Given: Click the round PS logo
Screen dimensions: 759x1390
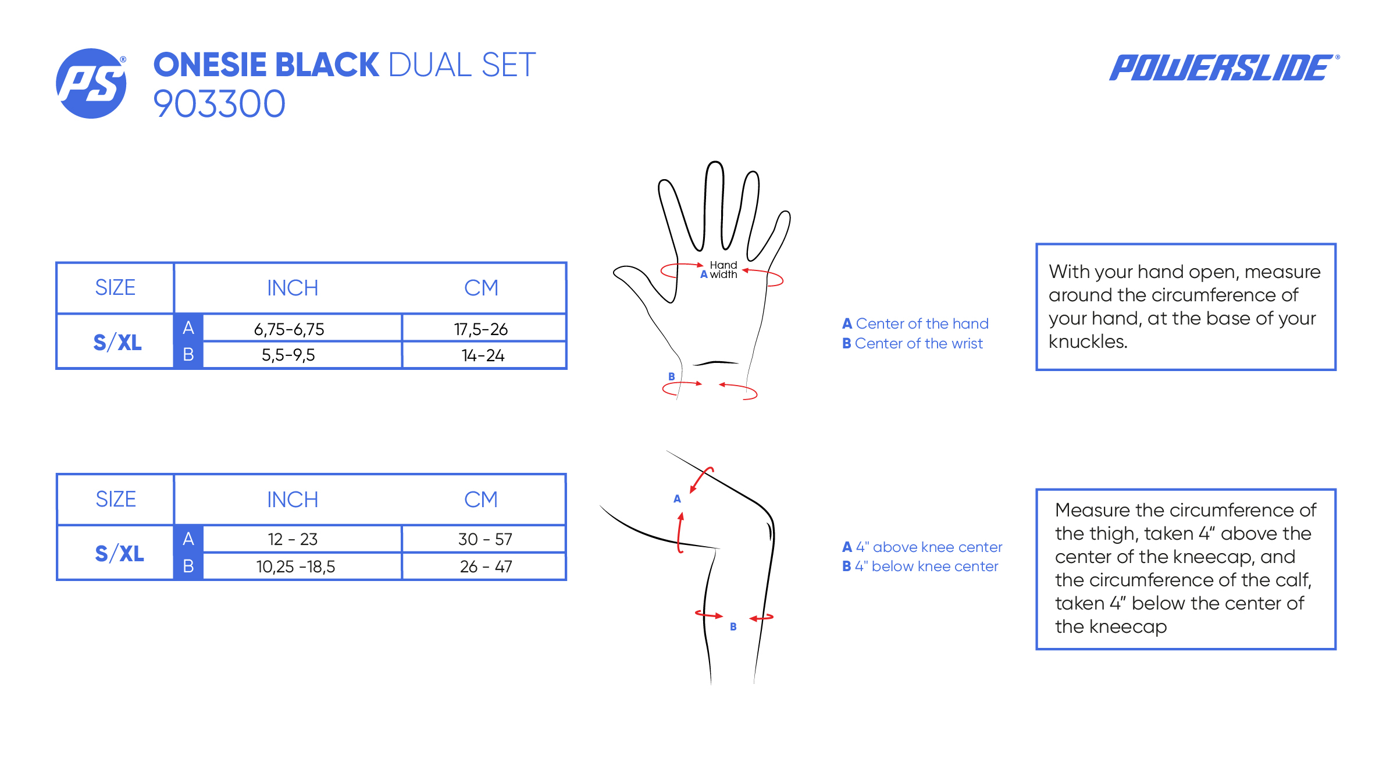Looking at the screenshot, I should (91, 84).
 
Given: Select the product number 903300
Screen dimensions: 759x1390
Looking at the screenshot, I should (219, 104).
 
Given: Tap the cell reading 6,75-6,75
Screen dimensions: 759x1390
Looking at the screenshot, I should (289, 329).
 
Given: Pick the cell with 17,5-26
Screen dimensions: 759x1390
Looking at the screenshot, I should (481, 329).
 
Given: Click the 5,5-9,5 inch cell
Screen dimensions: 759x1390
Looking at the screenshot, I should (288, 355).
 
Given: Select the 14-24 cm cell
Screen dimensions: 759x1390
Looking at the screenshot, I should (483, 355).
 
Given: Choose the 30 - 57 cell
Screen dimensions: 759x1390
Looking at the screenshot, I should (485, 539).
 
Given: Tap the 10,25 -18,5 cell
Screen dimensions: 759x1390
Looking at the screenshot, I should (295, 566).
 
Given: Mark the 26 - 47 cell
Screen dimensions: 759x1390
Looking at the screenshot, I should (486, 566).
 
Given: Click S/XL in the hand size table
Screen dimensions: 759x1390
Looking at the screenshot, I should (117, 342).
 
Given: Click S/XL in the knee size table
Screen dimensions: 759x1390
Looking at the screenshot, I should (119, 553).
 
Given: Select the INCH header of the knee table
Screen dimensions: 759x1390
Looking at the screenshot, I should (293, 500).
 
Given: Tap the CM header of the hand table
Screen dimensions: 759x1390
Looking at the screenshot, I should (481, 288).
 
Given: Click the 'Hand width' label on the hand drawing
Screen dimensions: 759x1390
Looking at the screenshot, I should (723, 270).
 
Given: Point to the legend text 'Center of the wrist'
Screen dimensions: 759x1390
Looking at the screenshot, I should (918, 344).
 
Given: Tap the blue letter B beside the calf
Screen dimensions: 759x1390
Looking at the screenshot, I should (733, 626).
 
